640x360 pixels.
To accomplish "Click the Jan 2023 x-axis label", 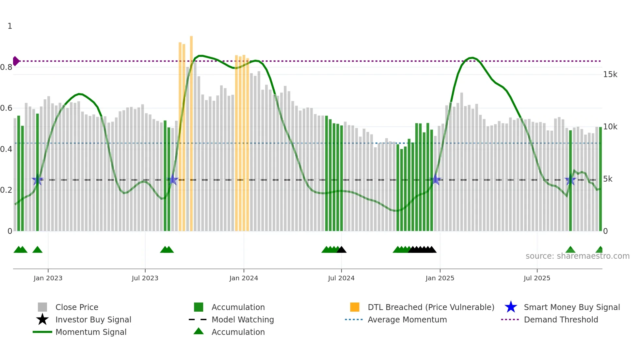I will point(48,278).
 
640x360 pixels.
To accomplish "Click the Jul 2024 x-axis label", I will point(341,278).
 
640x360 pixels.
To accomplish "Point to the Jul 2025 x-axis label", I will point(537,278).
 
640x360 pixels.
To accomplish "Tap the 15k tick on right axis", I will point(610,74).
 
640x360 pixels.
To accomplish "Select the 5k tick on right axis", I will point(608,179).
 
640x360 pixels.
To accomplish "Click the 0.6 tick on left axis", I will point(7,108).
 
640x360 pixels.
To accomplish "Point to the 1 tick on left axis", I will point(10,26).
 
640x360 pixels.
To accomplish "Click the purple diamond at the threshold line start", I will point(16,61).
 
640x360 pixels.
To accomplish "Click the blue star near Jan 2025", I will point(435,180).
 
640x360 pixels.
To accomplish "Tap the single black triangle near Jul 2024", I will point(342,250).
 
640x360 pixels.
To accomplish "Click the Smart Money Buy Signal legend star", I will point(511,307).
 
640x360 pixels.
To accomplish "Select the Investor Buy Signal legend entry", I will point(93,319).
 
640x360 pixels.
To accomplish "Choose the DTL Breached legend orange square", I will point(355,307).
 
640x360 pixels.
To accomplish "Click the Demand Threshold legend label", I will point(561,319).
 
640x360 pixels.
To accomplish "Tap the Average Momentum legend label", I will point(407,319).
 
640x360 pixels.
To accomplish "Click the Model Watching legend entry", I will point(242,319).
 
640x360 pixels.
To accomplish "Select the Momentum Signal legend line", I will point(42,332).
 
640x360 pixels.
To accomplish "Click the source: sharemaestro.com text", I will point(577,256).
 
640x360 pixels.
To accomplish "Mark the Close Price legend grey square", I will point(42,307).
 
